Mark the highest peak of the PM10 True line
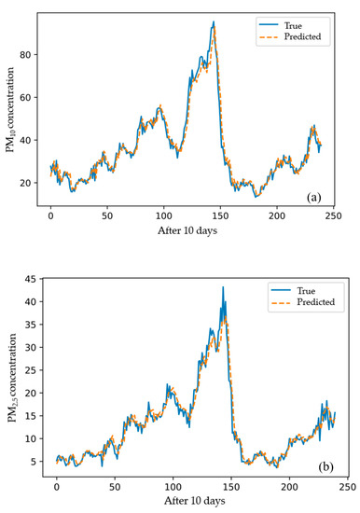[214, 22]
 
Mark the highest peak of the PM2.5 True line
[223, 287]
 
